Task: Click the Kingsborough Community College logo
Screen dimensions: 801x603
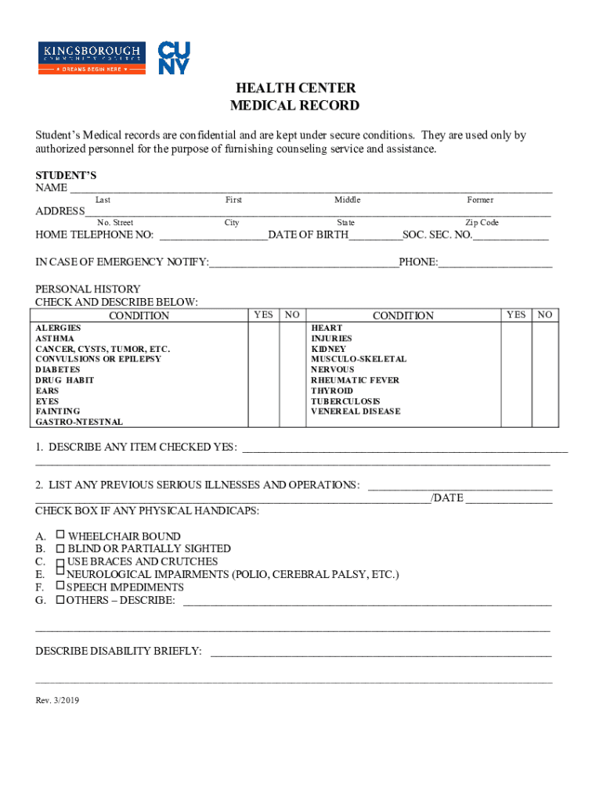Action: [92, 58]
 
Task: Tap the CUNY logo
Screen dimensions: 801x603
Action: [173, 58]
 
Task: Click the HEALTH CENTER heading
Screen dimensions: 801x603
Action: [294, 88]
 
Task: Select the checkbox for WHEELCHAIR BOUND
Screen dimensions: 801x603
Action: [60, 536]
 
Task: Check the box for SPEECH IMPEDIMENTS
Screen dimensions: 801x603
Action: [60, 586]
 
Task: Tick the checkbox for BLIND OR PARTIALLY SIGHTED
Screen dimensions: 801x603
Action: [60, 548]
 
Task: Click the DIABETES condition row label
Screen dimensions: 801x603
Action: [58, 369]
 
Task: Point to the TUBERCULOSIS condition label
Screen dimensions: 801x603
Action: [345, 400]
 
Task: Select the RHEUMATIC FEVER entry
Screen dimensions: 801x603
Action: [355, 380]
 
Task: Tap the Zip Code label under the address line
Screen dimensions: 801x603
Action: [482, 223]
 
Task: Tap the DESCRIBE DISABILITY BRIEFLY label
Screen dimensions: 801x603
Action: [118, 651]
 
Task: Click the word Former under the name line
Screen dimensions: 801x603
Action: [480, 200]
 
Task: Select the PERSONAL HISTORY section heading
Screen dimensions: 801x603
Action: [88, 289]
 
